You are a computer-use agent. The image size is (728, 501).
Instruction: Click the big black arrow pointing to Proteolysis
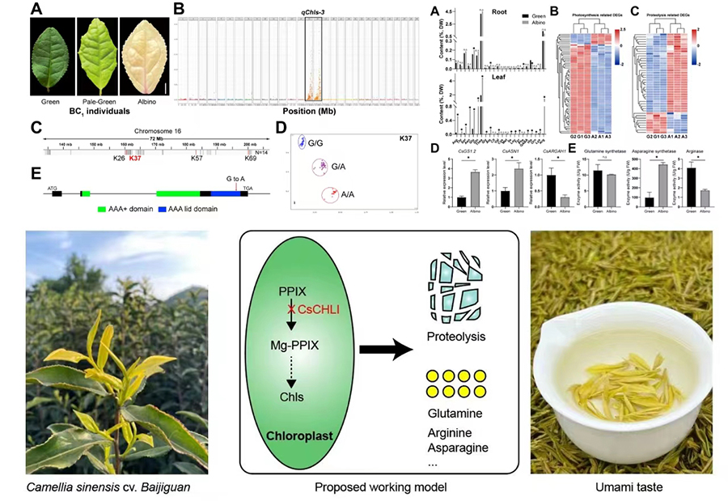(388, 350)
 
